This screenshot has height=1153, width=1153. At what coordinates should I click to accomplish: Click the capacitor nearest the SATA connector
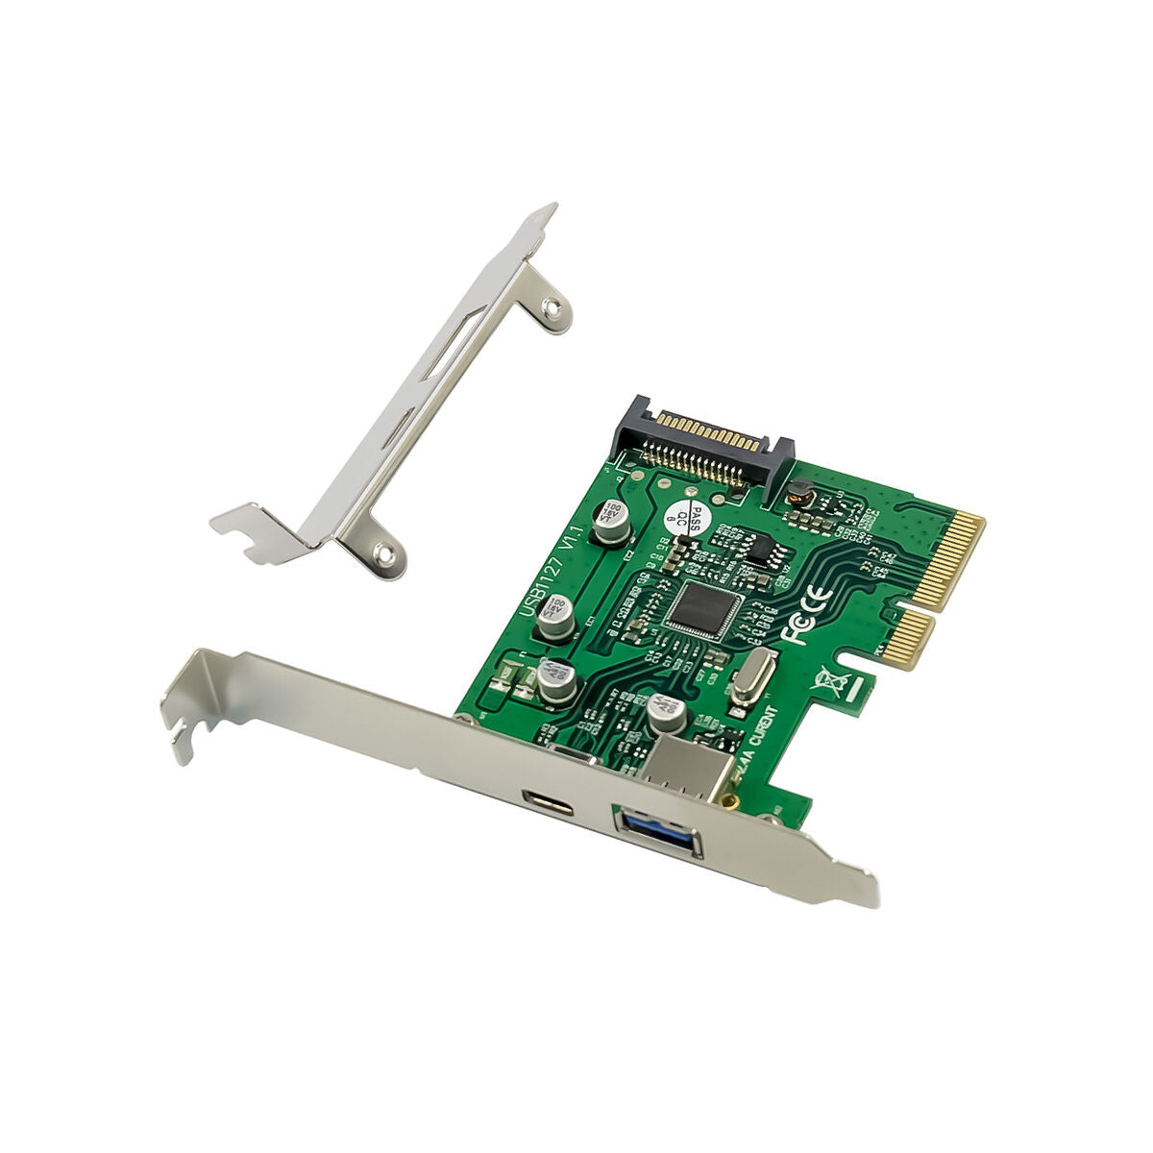[610, 521]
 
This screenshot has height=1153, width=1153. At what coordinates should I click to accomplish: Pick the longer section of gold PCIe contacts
[945, 563]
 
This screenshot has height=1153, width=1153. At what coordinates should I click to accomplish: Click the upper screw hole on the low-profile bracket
[550, 307]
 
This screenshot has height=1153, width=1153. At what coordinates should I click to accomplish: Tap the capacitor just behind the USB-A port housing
[666, 715]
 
